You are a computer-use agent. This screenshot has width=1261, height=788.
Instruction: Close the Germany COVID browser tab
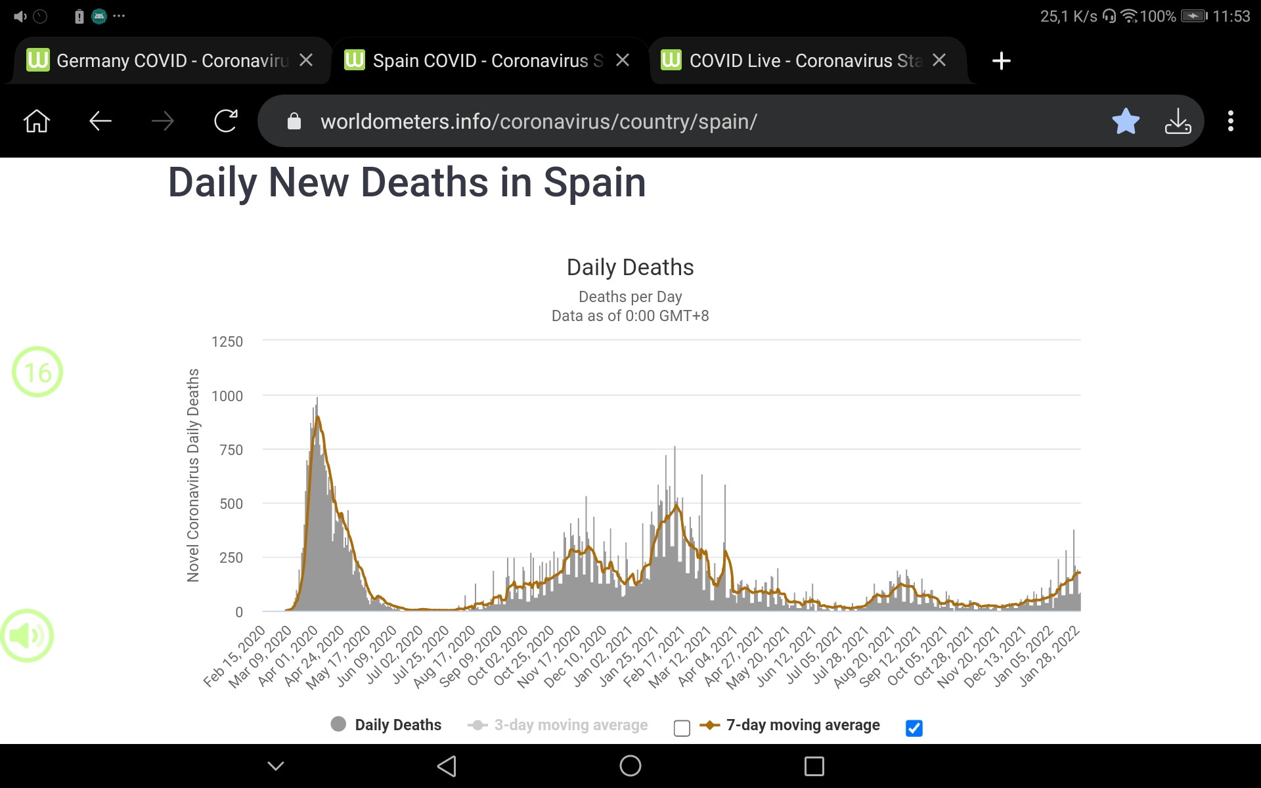306,60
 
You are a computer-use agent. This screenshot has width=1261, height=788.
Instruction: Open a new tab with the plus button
1001,61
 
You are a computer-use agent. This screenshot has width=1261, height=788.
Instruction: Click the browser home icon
37,121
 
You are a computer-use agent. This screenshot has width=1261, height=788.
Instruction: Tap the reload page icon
225,121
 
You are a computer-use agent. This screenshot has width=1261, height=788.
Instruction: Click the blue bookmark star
1126,121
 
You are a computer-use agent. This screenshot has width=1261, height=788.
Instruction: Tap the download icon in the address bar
1178,121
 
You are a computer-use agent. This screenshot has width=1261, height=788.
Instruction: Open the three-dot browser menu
1231,121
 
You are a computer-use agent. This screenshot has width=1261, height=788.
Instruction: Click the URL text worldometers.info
539,122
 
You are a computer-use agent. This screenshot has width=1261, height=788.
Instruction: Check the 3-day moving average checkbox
682,728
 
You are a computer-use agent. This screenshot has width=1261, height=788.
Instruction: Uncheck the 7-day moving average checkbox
914,728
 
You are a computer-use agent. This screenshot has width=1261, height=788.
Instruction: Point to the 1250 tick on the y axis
227,341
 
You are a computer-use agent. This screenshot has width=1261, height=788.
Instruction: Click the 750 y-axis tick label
231,450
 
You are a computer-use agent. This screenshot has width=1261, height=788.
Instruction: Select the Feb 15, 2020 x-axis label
234,656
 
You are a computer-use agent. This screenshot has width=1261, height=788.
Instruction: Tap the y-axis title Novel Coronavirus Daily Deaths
193,475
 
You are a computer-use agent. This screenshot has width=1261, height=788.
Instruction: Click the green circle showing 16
37,372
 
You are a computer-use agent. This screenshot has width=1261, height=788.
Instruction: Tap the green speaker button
27,636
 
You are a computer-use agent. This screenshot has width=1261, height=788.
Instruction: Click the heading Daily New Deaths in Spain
407,183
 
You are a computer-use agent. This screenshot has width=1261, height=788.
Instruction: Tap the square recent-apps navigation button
814,766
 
